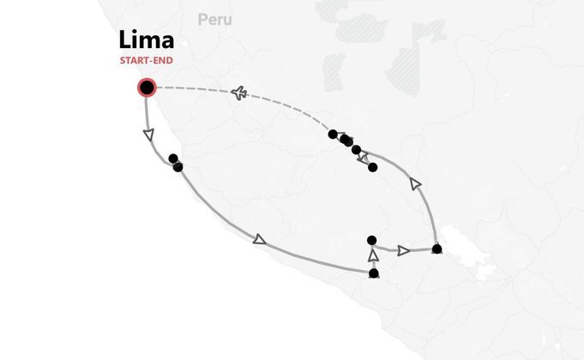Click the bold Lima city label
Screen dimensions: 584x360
tap(147, 39)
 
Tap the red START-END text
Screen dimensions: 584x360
tap(147, 60)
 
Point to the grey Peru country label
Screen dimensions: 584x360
tap(215, 20)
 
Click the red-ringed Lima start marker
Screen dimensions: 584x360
tap(148, 88)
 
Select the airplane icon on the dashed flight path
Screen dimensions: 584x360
tap(239, 93)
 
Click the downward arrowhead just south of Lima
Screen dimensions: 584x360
tap(148, 135)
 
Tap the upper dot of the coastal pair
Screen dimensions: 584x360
tap(173, 159)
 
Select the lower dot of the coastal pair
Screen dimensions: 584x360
tap(178, 167)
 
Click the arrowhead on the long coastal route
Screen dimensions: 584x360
tap(260, 240)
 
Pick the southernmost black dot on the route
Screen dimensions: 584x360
tap(374, 273)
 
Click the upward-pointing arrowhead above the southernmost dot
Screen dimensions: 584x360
tap(373, 255)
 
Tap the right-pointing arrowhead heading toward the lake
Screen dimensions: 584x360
tap(403, 250)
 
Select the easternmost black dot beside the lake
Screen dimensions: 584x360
tap(436, 249)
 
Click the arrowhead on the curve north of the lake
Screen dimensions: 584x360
tap(415, 184)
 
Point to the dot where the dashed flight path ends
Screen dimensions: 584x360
tap(333, 135)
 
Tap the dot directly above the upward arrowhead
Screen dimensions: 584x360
tap(371, 240)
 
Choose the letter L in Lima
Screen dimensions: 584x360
tap(124, 39)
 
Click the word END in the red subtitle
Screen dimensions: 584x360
tap(163, 60)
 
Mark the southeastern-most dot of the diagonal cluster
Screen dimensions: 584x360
tap(372, 167)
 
